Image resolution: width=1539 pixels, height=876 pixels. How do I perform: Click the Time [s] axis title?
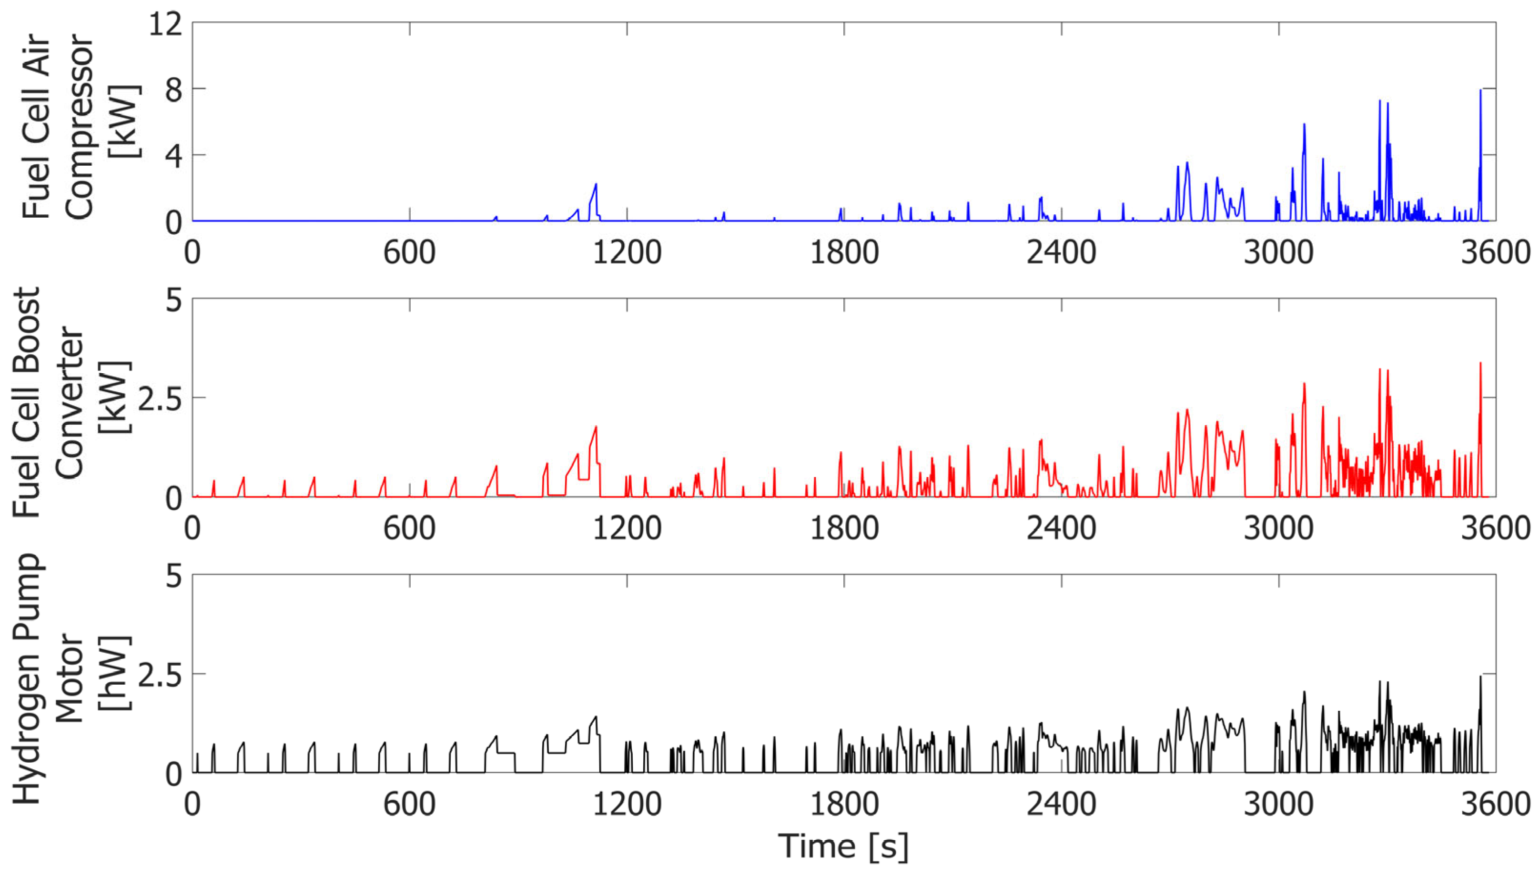click(x=843, y=846)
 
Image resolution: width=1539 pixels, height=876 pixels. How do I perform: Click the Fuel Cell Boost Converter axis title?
click(x=69, y=402)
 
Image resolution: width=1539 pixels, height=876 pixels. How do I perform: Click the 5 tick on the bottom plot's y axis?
click(x=173, y=577)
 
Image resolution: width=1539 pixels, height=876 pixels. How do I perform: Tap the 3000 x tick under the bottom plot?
click(x=1278, y=805)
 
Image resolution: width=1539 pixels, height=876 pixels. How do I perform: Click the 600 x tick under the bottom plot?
click(x=409, y=805)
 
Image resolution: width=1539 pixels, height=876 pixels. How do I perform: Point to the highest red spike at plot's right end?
click(x=1480, y=363)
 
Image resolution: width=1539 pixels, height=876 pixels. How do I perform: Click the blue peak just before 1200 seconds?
click(x=596, y=185)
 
